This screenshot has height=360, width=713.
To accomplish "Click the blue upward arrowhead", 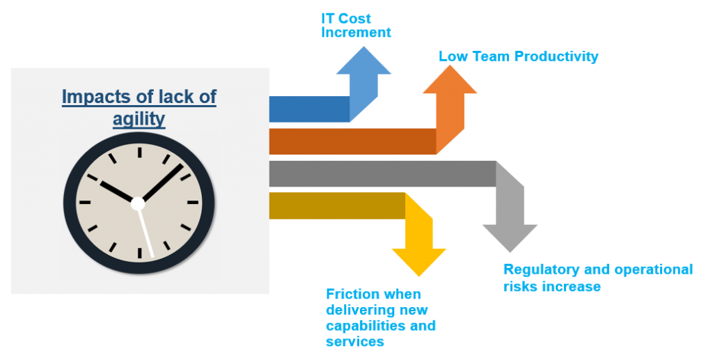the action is coord(363,61).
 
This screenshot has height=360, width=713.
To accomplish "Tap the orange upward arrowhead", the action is coord(450,80).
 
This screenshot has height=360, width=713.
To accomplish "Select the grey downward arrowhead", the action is coord(510,237).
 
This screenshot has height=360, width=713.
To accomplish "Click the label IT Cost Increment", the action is coord(356,26).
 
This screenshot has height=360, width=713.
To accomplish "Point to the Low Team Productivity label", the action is coord(518,56).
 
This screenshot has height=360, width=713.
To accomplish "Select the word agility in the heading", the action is coord(139,119).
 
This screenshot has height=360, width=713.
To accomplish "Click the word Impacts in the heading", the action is coord(90,97).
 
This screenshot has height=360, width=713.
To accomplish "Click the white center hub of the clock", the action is coord(137,203).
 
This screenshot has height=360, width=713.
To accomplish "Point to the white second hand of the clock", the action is coord(146,233).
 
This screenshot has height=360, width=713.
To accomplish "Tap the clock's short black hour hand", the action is coord(116,191).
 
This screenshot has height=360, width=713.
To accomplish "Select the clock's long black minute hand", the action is coord(163,182).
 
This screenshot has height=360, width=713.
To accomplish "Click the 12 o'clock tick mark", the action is coord(139,152).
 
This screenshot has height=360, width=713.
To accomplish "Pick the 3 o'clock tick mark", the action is coord(193,202).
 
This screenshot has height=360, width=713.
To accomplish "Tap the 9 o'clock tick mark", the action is coord(85,202).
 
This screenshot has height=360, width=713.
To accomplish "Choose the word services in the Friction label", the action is coord(355,341).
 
